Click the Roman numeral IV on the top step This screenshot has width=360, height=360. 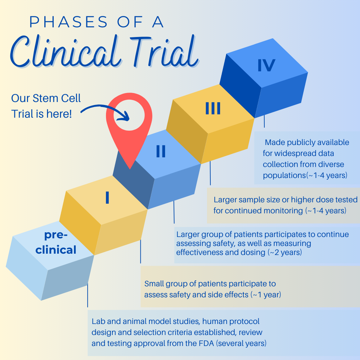point(266,65)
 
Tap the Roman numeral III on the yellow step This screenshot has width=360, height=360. point(213,109)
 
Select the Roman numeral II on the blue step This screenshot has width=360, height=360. point(161,152)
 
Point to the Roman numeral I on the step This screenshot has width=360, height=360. point(107,198)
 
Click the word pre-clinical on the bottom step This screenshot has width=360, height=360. point(56,242)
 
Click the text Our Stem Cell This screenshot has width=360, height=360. point(46,98)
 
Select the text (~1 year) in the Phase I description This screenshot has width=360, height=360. point(266,295)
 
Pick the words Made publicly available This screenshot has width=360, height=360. point(307,143)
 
